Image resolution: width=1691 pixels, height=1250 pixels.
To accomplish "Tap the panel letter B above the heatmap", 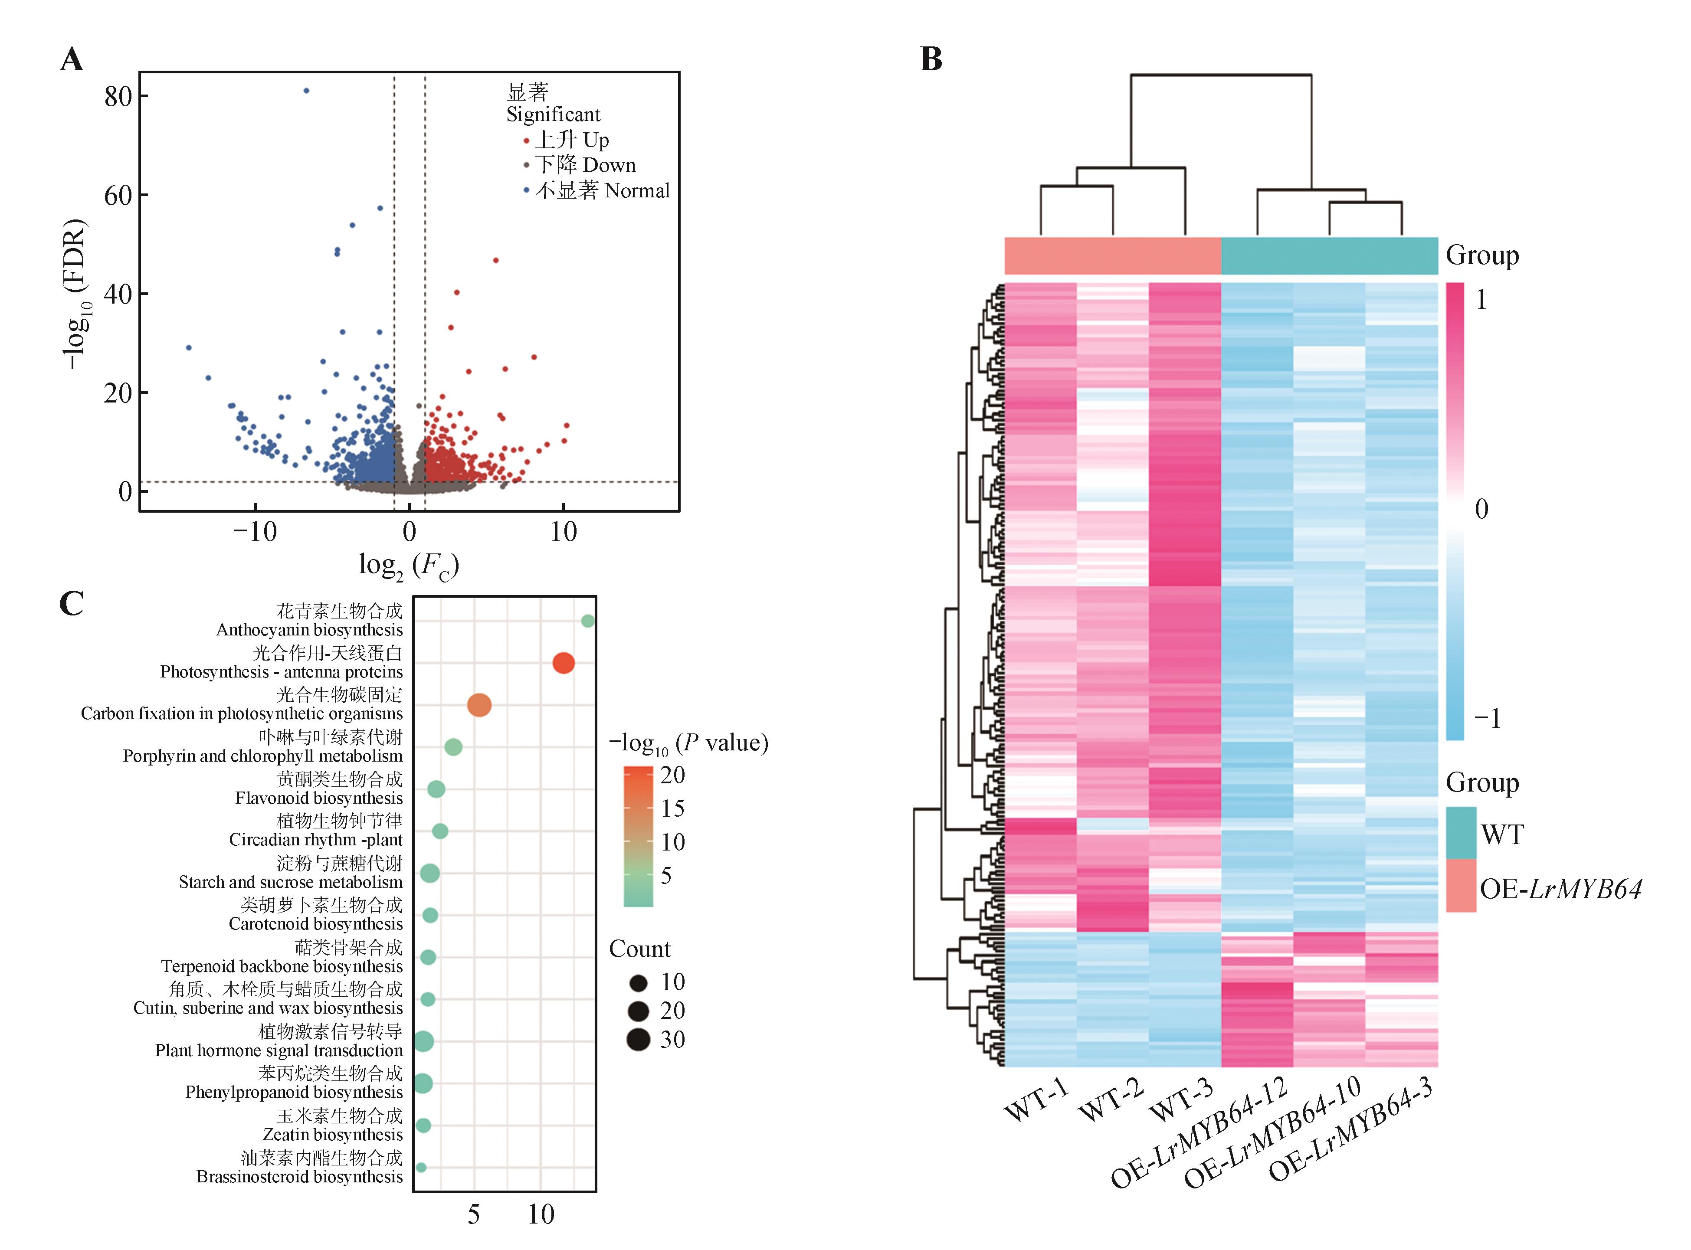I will pyautogui.click(x=931, y=59).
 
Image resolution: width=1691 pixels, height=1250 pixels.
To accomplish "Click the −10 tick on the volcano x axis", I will pyautogui.click(x=255, y=532).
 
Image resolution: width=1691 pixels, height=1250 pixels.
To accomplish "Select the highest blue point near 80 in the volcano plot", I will pyautogui.click(x=306, y=91).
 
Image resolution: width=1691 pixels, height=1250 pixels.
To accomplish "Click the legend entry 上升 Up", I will pyautogui.click(x=571, y=140).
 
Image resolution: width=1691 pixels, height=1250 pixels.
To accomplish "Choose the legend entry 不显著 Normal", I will pyautogui.click(x=602, y=191).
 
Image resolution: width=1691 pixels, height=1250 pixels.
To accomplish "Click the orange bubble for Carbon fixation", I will pyautogui.click(x=479, y=705).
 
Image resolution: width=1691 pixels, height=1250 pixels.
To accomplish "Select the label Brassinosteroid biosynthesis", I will pyautogui.click(x=300, y=1177).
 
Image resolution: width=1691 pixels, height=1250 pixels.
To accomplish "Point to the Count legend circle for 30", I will pyautogui.click(x=639, y=1040).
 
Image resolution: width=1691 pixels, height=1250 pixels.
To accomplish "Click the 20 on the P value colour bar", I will pyautogui.click(x=672, y=775).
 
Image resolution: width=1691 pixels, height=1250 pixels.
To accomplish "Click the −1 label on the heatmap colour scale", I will pyautogui.click(x=1487, y=717).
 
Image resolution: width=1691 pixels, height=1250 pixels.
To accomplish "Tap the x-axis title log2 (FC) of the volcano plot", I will pyautogui.click(x=409, y=565).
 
